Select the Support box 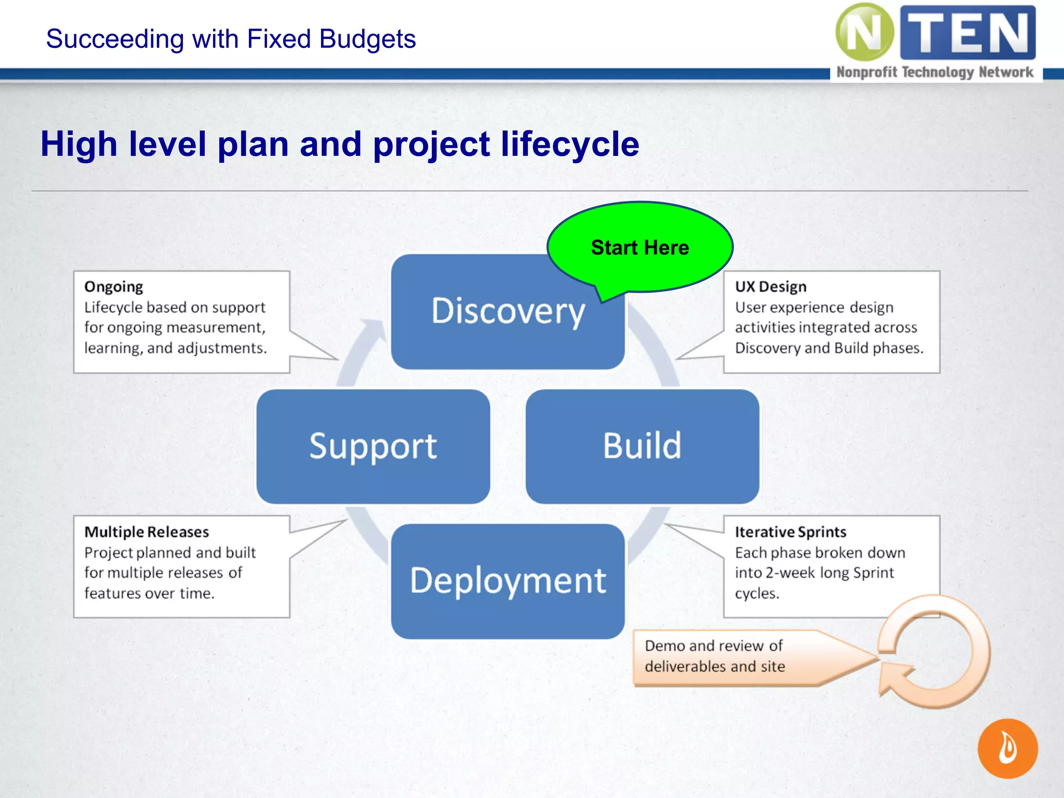click(x=373, y=446)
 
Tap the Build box click(x=642, y=446)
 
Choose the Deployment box click(x=508, y=581)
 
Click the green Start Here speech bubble click(x=640, y=247)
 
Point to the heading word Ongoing click(x=114, y=287)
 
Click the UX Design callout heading click(x=770, y=287)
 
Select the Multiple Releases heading click(x=147, y=532)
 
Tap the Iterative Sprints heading click(x=790, y=532)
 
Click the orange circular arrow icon click(x=935, y=653)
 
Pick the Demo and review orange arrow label click(x=727, y=657)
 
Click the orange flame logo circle click(x=1007, y=748)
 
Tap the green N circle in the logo click(x=864, y=32)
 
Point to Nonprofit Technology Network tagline click(x=935, y=72)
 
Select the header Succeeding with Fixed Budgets click(x=231, y=39)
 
